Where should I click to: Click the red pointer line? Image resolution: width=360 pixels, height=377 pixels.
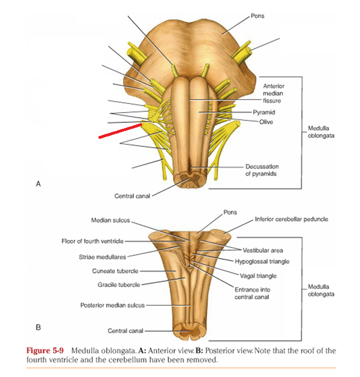(x=121, y=130)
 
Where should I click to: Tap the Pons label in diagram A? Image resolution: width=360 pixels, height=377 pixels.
(x=258, y=15)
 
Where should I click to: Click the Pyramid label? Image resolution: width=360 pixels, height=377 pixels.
(x=263, y=112)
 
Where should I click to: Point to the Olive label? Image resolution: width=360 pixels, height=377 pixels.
(x=266, y=122)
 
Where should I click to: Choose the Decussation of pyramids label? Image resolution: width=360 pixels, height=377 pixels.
(x=262, y=170)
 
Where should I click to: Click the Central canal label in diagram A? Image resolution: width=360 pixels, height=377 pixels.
(x=132, y=196)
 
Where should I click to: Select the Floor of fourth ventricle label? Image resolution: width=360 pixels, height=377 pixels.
(x=93, y=241)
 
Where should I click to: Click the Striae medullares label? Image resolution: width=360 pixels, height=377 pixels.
(x=103, y=256)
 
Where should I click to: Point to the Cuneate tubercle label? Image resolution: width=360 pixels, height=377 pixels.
(x=115, y=271)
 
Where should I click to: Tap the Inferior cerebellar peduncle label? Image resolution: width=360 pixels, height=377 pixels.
(x=291, y=219)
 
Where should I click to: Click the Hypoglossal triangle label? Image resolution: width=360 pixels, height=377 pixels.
(x=262, y=261)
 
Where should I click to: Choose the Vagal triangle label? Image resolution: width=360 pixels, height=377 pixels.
(x=258, y=276)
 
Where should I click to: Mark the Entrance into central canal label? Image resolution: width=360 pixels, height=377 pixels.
(x=253, y=293)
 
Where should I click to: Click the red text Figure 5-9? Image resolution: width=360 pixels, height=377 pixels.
(x=43, y=351)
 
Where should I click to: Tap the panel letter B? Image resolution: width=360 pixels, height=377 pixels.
(x=38, y=327)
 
